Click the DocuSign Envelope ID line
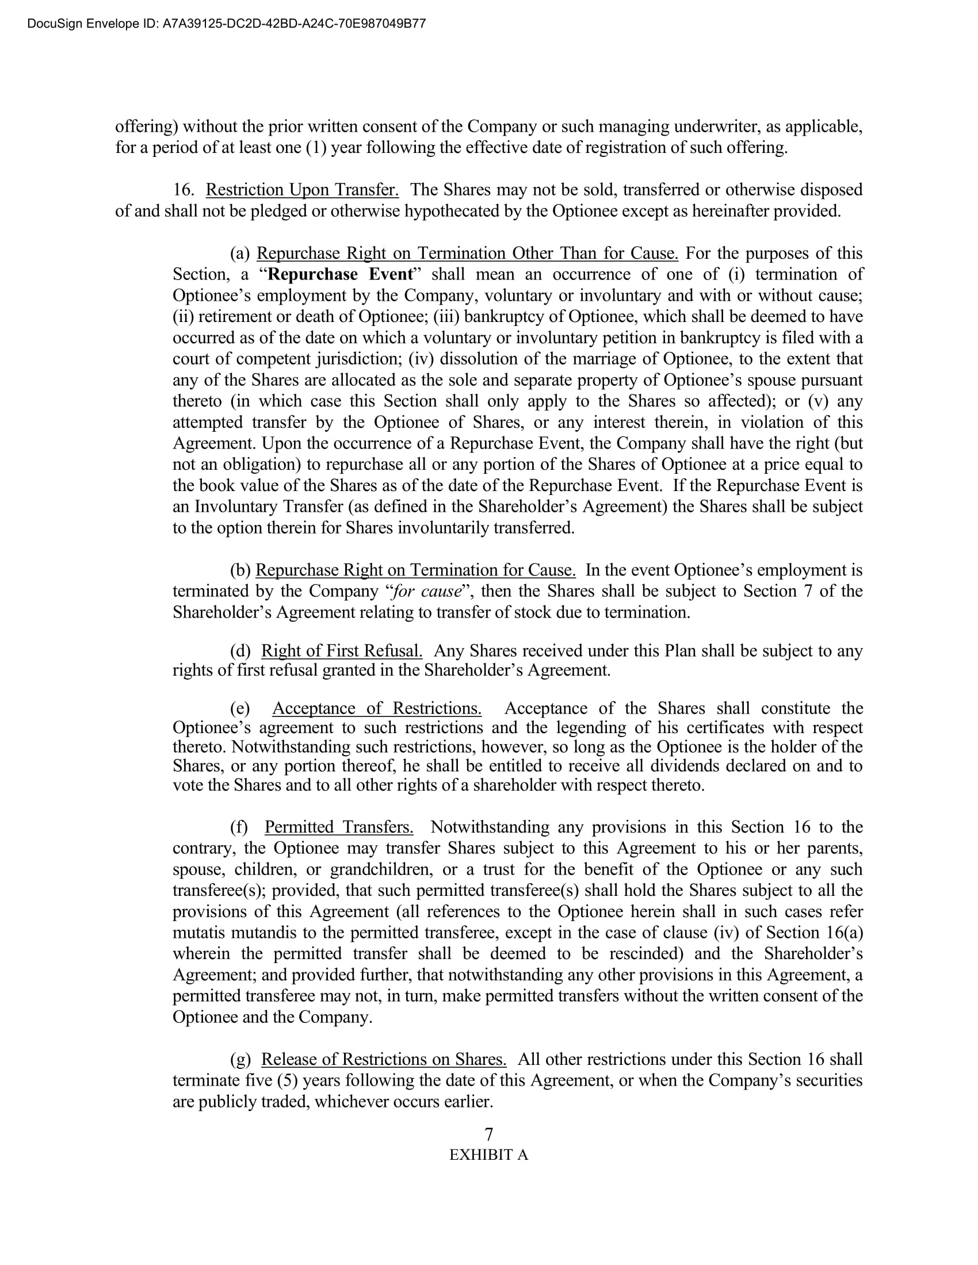tap(226, 24)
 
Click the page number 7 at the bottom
tap(488, 1133)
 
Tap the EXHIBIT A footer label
tap(488, 1155)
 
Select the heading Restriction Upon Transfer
tap(302, 189)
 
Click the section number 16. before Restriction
tap(184, 189)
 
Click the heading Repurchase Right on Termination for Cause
tap(415, 570)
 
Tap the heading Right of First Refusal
tap(341, 650)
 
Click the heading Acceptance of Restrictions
tap(377, 708)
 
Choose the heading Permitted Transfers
tap(339, 826)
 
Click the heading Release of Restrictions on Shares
tap(384, 1059)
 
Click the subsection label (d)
tap(240, 650)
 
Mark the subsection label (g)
tap(240, 1059)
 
